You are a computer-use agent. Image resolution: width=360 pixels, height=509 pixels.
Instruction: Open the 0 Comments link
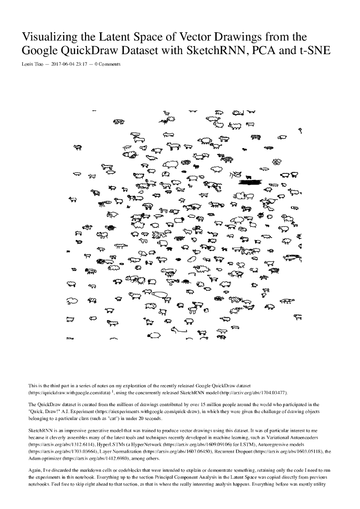click(107, 64)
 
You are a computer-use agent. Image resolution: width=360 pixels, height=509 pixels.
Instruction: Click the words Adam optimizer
click(45, 460)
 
